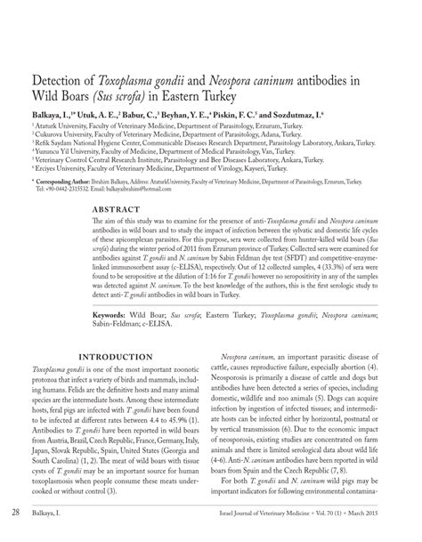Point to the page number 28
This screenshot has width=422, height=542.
17,514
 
